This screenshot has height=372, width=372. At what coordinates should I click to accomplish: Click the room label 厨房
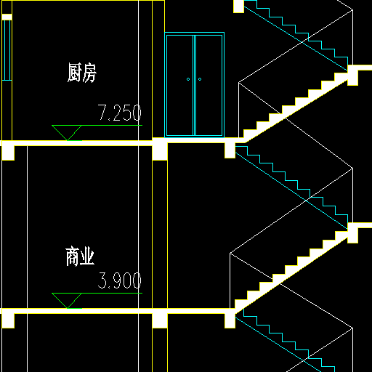point(82,73)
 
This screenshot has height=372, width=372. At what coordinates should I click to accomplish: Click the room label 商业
point(80,256)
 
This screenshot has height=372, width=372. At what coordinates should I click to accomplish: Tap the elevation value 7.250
point(119,113)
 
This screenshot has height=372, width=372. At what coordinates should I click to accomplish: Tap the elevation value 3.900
point(119,280)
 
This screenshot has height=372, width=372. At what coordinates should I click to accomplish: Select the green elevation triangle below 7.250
point(67,132)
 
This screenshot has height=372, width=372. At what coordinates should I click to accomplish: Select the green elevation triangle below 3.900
point(67,300)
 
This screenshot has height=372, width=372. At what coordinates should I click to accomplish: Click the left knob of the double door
point(188,79)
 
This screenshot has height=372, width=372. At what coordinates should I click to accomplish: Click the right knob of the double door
point(200,79)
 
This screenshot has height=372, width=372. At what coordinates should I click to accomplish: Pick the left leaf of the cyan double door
point(180,85)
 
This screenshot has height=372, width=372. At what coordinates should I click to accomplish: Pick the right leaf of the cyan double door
point(209,85)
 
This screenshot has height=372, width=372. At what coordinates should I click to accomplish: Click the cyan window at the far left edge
point(7,50)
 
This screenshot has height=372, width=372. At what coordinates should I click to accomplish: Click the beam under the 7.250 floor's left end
point(8,153)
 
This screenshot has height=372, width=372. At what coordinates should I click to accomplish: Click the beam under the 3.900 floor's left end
point(8,321)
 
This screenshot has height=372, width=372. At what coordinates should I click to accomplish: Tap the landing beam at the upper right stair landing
point(352,75)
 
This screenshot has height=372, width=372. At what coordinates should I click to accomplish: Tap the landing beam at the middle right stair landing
point(352,233)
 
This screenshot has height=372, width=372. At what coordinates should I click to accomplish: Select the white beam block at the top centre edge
point(238,7)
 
